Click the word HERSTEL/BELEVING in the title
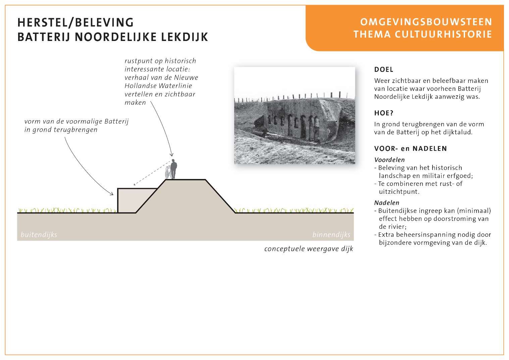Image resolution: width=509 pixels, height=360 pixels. (x=75, y=22)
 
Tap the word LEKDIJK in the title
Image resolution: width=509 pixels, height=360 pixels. (x=185, y=37)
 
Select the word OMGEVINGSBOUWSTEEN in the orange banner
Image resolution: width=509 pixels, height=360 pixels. (x=426, y=22)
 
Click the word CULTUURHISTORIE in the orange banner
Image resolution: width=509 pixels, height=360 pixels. (x=443, y=34)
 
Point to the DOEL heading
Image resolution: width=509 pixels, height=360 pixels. (x=384, y=70)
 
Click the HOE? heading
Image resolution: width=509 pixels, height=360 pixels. (x=384, y=113)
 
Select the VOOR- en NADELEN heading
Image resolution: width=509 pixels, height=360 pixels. (x=410, y=148)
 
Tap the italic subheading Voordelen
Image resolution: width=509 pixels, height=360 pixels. (x=389, y=160)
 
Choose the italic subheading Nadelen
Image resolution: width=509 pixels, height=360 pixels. (x=387, y=203)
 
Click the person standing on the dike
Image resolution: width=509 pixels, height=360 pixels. (x=174, y=169)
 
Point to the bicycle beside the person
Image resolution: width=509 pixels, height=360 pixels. (x=168, y=173)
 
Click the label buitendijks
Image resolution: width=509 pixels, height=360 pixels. (x=39, y=235)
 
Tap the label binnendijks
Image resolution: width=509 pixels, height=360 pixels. (x=331, y=235)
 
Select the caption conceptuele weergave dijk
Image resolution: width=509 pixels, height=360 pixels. (x=309, y=249)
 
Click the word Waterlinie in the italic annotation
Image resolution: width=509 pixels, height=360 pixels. (x=175, y=86)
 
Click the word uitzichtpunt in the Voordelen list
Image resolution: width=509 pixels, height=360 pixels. (x=399, y=192)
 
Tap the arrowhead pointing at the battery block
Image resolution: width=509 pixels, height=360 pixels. (x=111, y=193)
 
